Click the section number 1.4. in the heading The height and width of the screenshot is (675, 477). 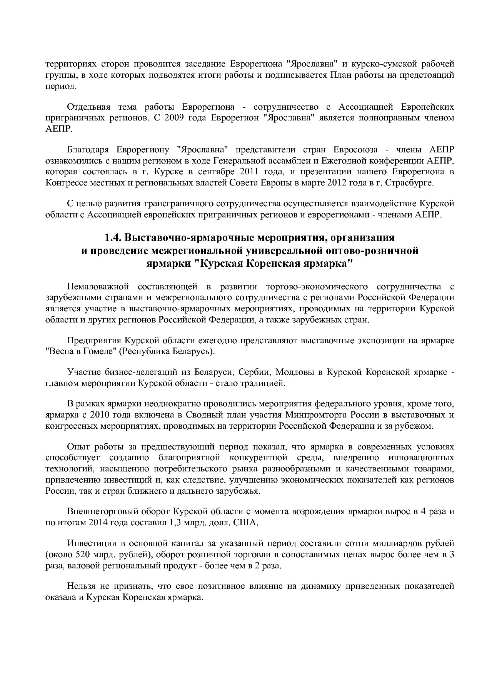pos(114,237)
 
